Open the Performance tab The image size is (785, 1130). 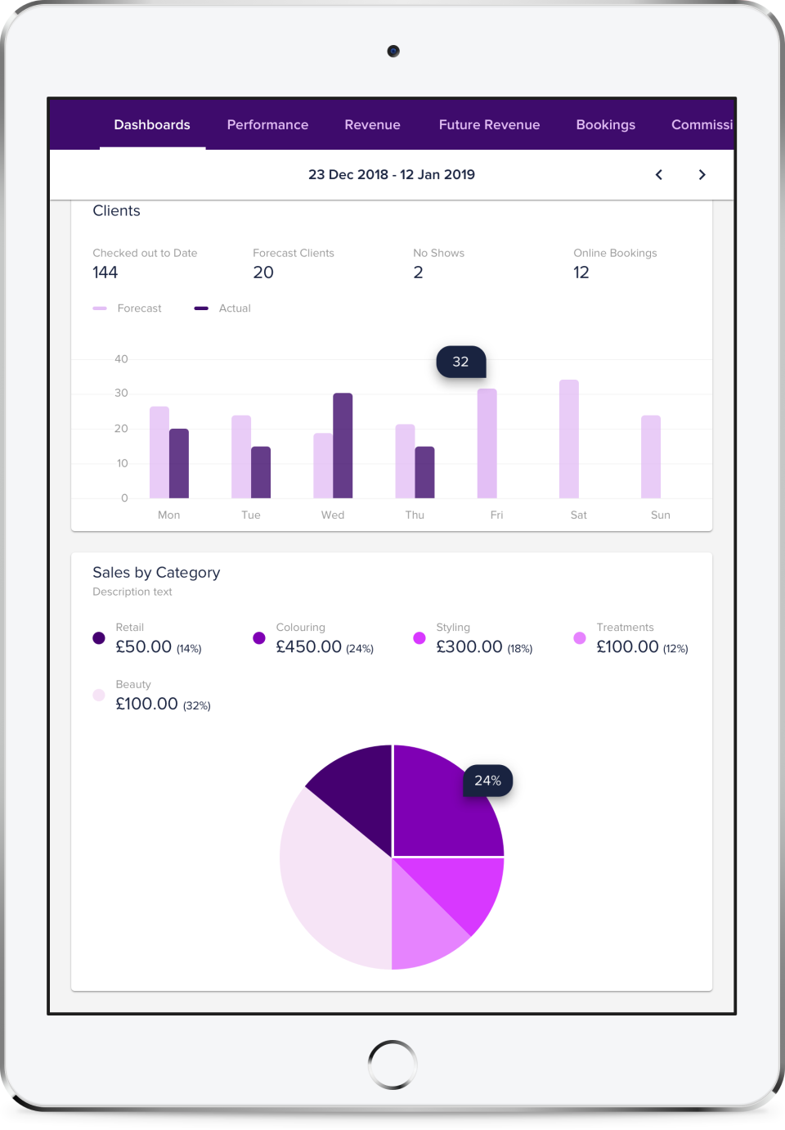(x=267, y=124)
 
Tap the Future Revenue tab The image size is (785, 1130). (x=489, y=124)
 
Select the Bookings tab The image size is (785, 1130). (x=605, y=124)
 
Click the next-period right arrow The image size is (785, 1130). (x=702, y=174)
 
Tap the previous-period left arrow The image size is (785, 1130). (x=659, y=174)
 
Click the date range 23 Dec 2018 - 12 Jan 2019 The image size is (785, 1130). (x=391, y=174)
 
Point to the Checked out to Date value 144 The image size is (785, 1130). (x=105, y=272)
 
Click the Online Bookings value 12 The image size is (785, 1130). (x=581, y=272)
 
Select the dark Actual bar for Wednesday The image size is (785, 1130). (x=343, y=446)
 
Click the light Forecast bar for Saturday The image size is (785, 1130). (x=568, y=439)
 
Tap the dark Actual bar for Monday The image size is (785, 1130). (x=179, y=463)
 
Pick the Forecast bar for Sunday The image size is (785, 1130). (x=650, y=457)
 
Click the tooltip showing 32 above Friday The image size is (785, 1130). (x=460, y=362)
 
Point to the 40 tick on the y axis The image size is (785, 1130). (x=121, y=359)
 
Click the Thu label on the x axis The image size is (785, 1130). (x=415, y=515)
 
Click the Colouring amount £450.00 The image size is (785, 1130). (x=308, y=646)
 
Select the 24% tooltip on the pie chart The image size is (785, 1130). (x=487, y=781)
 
